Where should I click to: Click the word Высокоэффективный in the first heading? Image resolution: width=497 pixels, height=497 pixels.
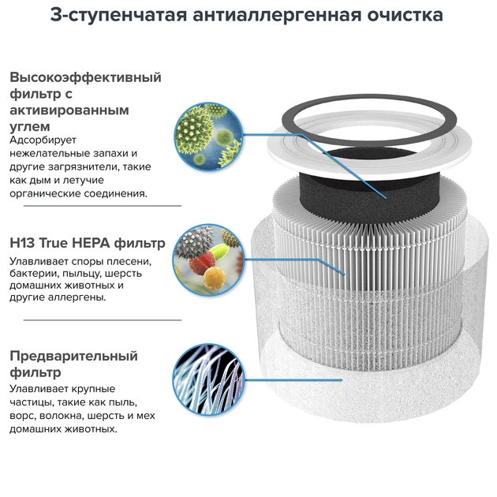(x=85, y=77)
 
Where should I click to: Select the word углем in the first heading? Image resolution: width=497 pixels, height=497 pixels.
(x=31, y=125)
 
